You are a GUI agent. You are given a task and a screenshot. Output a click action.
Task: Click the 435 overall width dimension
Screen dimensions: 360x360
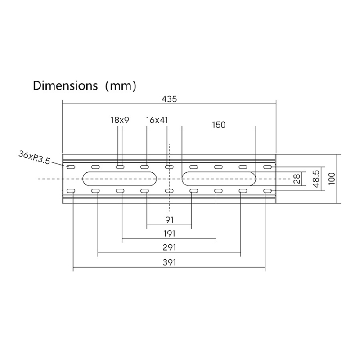(x=170, y=99)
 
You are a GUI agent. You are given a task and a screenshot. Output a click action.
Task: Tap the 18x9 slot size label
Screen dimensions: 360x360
(x=120, y=120)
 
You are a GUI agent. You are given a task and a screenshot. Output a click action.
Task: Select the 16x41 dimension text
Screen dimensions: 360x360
(x=157, y=120)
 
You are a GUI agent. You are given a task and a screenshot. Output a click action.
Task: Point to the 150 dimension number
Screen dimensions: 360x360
(x=219, y=125)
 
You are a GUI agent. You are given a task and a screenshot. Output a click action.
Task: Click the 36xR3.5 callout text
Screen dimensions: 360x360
(x=34, y=157)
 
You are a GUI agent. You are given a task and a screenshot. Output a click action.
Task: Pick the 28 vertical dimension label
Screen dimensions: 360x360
(x=297, y=179)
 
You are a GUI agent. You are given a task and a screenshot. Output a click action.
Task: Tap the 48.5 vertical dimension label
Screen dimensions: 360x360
(x=316, y=179)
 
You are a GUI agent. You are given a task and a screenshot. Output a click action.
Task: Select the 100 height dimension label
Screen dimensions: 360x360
(x=332, y=179)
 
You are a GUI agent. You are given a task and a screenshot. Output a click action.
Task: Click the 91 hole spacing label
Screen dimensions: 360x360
(x=170, y=220)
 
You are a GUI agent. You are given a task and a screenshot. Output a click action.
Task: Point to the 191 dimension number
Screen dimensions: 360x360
(x=170, y=234)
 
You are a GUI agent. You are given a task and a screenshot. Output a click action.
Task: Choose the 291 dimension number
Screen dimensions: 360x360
(x=170, y=247)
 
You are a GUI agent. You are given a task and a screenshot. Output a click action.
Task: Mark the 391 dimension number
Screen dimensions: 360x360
(x=170, y=262)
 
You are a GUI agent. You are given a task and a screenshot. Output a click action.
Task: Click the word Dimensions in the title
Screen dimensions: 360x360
(x=65, y=85)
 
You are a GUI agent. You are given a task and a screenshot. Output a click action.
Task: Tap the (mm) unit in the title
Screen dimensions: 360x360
(x=121, y=86)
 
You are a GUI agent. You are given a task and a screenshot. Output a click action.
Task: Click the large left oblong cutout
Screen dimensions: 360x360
(x=120, y=179)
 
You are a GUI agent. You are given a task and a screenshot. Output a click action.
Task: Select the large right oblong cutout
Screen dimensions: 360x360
(x=219, y=179)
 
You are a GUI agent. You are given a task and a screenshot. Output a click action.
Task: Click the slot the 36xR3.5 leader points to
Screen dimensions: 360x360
(x=71, y=167)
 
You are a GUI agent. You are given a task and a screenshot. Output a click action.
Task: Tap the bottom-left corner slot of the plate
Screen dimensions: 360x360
(x=71, y=191)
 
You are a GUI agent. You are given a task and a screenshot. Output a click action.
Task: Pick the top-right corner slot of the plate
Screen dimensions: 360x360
(x=267, y=167)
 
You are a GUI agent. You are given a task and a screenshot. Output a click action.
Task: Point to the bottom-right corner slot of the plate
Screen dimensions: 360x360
(x=267, y=191)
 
